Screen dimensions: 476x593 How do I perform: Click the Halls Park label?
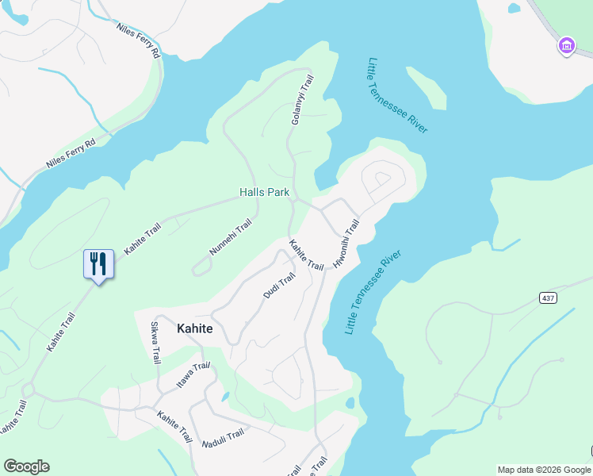(x=264, y=193)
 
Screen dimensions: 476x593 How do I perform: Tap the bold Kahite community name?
(x=194, y=328)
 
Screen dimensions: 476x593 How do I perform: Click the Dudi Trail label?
(x=279, y=286)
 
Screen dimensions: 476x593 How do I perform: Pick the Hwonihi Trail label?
(x=346, y=243)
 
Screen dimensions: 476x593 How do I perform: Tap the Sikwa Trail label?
(x=155, y=343)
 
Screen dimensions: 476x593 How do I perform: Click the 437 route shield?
(x=548, y=297)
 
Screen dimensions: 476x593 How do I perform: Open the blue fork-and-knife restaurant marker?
(x=98, y=263)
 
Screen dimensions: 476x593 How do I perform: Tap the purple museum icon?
(x=566, y=46)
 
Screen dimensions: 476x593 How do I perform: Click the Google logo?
(x=26, y=466)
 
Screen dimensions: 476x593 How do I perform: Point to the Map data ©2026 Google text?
(x=544, y=470)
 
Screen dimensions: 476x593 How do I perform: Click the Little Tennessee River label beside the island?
(x=398, y=95)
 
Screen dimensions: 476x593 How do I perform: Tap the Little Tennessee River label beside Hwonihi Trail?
(x=373, y=292)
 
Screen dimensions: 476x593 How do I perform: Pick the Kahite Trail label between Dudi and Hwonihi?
(x=306, y=255)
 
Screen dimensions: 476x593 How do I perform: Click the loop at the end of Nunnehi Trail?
(x=201, y=268)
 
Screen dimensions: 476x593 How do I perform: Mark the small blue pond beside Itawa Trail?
(x=226, y=396)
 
